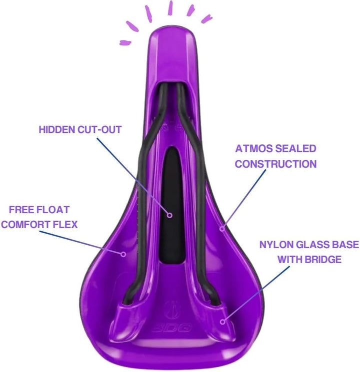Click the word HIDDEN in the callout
57,130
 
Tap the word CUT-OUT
99,130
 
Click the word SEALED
296,148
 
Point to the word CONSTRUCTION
275,164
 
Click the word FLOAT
53,210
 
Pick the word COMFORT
26,224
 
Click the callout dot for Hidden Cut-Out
169,215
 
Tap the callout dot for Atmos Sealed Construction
222,229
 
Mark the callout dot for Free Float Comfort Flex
123,254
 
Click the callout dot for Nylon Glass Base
222,322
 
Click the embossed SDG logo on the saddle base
171,329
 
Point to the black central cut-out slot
172,205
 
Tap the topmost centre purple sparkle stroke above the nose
170,8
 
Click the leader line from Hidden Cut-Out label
132,176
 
